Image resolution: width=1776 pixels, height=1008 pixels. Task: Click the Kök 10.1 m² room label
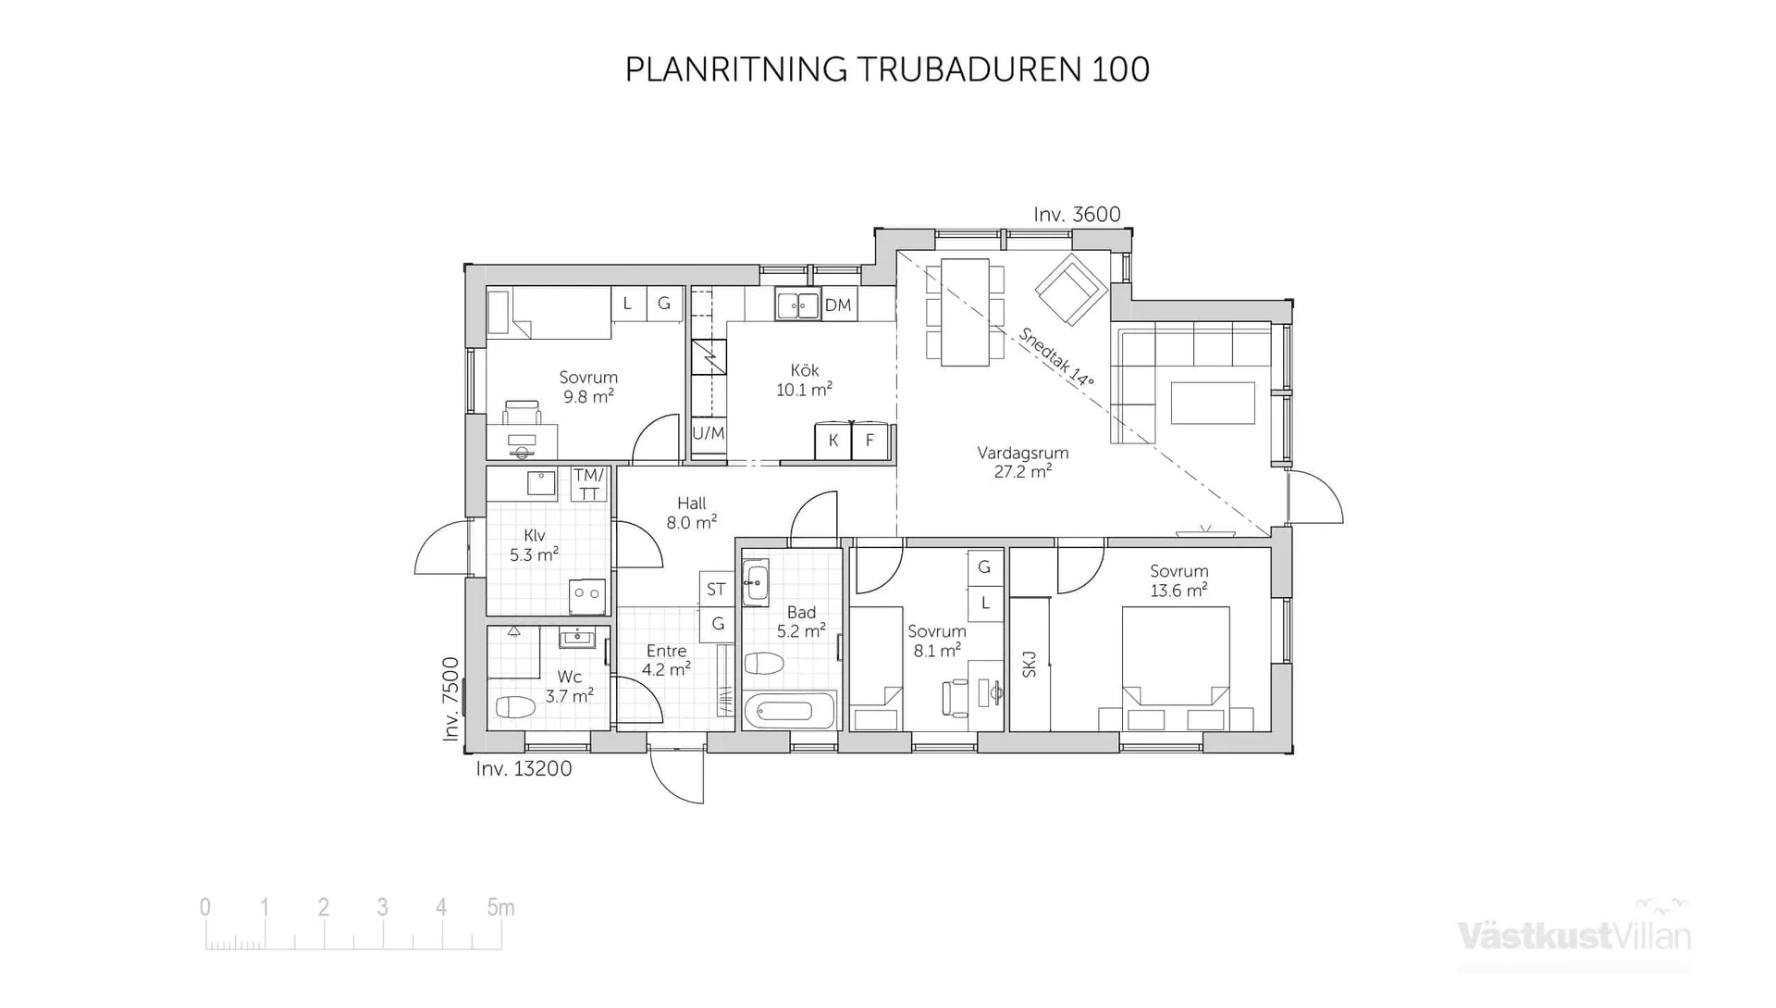[804, 380]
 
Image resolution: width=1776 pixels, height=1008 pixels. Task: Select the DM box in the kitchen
[838, 305]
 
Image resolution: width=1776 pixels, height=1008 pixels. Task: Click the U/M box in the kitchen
[709, 433]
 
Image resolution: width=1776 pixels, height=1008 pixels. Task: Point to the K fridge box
[833, 441]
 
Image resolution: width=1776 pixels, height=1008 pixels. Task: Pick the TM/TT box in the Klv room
[588, 484]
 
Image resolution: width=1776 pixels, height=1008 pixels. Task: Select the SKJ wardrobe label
[1030, 664]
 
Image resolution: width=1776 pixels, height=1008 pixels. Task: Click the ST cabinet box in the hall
[716, 589]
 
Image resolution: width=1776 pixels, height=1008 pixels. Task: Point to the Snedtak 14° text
[1056, 357]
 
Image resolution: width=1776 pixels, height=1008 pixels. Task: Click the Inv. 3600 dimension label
[1077, 215]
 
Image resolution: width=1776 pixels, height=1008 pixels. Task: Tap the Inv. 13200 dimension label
[524, 768]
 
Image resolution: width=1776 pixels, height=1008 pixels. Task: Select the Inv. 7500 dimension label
[450, 699]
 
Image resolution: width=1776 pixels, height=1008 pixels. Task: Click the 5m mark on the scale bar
[500, 908]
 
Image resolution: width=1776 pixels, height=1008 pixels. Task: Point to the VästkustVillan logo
[1573, 935]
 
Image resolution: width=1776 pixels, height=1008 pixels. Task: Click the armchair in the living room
[1070, 290]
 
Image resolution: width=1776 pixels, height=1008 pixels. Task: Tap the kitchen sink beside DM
[797, 305]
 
